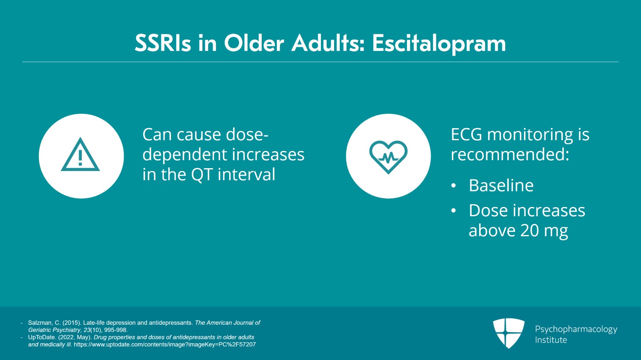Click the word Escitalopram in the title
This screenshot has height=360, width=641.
(x=439, y=44)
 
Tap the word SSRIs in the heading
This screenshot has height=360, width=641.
(x=163, y=43)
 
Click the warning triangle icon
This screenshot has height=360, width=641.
(x=81, y=155)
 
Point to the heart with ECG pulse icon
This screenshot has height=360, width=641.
(x=388, y=157)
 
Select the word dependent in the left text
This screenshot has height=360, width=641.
(x=185, y=155)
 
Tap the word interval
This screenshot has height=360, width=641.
(x=246, y=175)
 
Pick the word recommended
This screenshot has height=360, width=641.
(x=510, y=155)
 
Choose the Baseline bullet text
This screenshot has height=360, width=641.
(x=501, y=185)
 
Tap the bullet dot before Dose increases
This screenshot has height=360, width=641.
(x=454, y=211)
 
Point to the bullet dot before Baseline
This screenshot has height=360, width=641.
(x=454, y=185)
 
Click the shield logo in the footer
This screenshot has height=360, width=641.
(x=508, y=333)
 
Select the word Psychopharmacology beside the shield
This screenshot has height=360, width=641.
(x=576, y=329)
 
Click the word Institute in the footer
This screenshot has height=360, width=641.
(x=551, y=340)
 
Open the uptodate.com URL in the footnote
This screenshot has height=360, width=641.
(x=165, y=344)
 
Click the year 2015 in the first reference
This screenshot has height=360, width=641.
(x=71, y=323)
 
